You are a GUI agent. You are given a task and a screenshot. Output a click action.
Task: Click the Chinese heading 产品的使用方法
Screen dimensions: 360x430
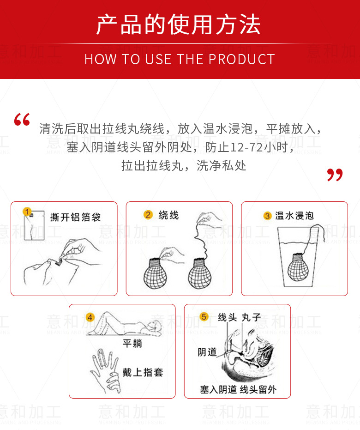point(178,24)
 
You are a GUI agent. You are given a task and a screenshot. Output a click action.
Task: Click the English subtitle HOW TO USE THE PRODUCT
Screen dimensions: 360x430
point(180,59)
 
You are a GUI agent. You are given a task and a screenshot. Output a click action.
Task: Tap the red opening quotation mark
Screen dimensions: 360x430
point(22,119)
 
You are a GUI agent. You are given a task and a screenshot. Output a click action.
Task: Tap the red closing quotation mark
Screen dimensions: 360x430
point(335,175)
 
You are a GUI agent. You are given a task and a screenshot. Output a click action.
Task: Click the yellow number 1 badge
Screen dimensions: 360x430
point(27,212)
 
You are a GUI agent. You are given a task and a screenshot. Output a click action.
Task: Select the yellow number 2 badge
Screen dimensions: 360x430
point(148,214)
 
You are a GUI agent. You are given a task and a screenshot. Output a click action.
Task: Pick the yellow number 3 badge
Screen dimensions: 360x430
point(267,216)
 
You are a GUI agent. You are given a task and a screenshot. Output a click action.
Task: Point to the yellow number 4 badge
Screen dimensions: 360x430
point(90,317)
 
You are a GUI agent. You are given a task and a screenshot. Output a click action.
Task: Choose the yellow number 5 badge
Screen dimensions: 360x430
point(204,317)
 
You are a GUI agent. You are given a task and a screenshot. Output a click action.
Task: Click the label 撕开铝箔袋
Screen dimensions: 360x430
point(75,217)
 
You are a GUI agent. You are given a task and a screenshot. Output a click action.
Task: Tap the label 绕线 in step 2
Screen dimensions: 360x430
point(169,215)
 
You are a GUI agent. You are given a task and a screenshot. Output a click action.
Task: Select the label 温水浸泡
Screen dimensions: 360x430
point(294,216)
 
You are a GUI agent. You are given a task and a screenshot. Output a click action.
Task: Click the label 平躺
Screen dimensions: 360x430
point(132,343)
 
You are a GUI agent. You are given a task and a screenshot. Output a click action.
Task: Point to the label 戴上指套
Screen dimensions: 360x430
point(143,372)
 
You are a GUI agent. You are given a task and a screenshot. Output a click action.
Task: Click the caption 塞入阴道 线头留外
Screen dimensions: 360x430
point(238,389)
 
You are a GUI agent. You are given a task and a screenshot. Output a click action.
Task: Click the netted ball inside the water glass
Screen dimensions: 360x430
point(298,268)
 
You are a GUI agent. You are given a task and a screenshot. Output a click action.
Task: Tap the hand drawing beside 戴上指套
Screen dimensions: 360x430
point(106,371)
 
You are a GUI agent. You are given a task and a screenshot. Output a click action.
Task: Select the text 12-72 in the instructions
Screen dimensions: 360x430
point(246,147)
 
